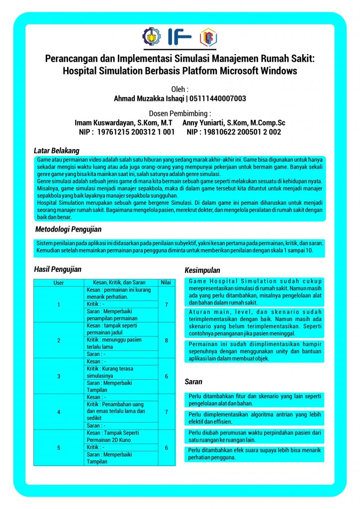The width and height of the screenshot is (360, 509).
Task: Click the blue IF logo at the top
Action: point(179,36)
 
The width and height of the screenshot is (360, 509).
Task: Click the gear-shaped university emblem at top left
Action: point(151,36)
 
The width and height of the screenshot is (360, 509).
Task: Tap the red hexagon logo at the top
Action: point(208,37)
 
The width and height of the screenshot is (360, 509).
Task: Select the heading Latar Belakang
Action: point(56,150)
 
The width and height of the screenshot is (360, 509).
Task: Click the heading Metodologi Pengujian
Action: point(68,229)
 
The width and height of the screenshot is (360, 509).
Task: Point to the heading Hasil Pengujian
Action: point(58,269)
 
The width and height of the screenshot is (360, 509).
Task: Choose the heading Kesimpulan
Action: point(202,270)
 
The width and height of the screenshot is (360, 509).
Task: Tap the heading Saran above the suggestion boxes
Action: point(193,382)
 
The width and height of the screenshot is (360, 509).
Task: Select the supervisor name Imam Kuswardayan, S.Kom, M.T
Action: point(123,122)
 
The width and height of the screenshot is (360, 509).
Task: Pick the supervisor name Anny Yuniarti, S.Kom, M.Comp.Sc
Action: point(234,122)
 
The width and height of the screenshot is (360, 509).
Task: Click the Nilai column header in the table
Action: point(166,282)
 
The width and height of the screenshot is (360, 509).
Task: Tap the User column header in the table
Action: point(59,282)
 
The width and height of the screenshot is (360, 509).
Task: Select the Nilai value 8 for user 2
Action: point(166,340)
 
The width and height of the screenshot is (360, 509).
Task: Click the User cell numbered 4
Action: point(59,412)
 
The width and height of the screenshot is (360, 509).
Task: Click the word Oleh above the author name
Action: point(180,89)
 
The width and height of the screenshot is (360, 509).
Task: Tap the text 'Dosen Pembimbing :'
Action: point(180,113)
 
